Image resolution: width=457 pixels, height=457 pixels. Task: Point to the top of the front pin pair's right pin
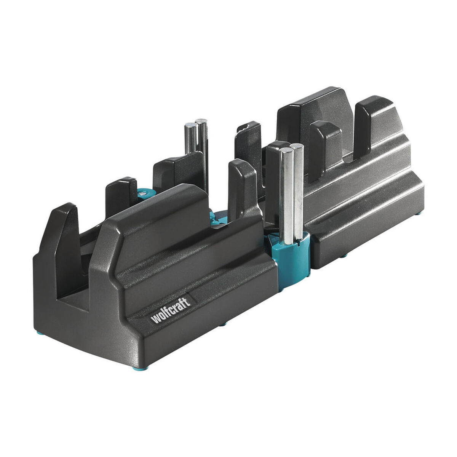pos(296,146)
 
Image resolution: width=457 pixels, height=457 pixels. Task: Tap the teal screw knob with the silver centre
pos(144,195)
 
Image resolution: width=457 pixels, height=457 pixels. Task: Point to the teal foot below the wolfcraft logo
pos(223,324)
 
